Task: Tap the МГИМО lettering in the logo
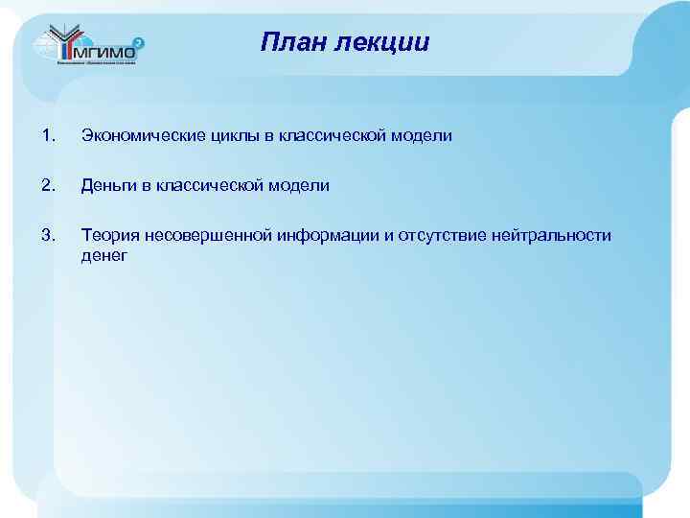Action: coord(100,55)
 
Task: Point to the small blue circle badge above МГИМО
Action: coord(139,42)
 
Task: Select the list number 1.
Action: coord(49,136)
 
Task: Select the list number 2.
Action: coord(49,186)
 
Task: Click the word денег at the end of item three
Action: coord(104,256)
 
